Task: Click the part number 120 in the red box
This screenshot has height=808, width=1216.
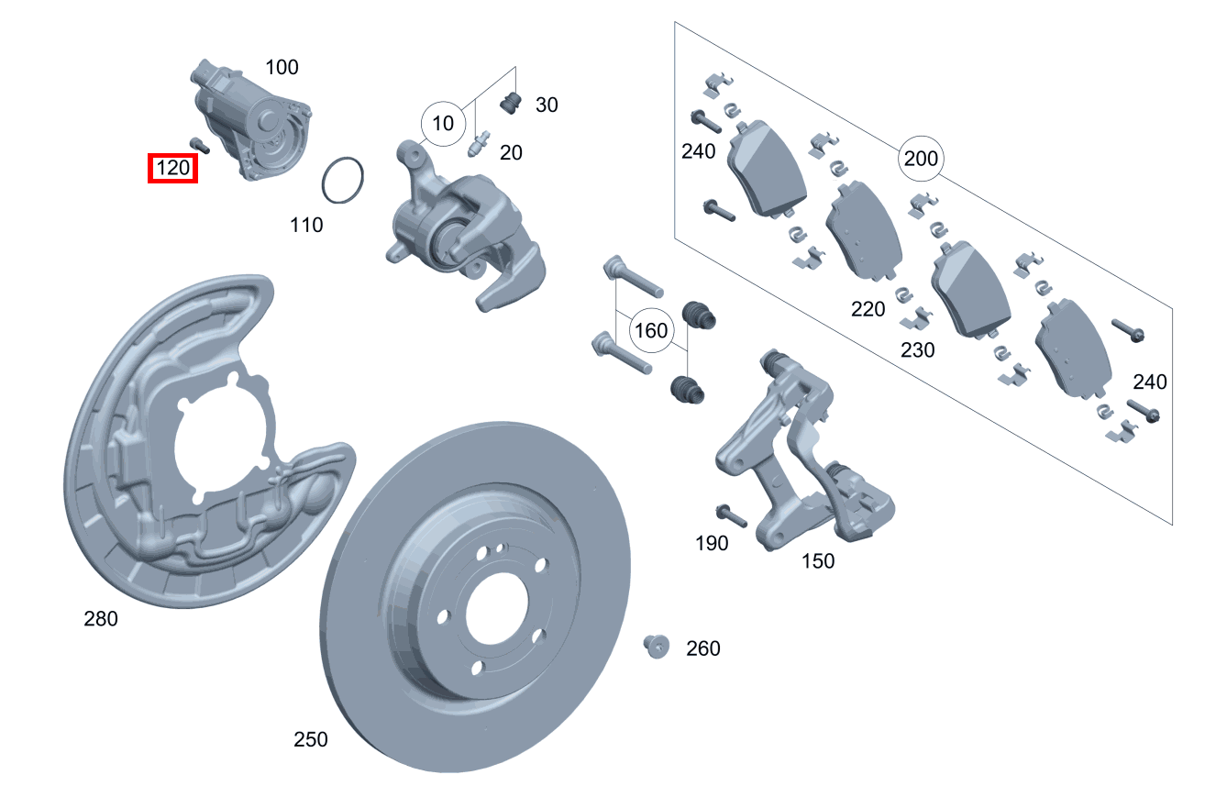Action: pos(172,168)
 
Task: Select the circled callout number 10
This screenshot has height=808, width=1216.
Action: pos(443,123)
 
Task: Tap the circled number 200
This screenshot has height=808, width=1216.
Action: pos(920,159)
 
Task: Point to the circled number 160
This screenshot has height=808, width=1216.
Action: pos(651,330)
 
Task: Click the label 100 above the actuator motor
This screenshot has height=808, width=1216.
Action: pos(282,67)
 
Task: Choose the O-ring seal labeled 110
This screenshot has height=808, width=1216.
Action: pos(343,180)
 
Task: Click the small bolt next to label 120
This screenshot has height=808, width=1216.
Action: pos(199,144)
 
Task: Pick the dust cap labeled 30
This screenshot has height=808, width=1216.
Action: pos(512,104)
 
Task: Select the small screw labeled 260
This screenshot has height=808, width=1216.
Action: pos(656,646)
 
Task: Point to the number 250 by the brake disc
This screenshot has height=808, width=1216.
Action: pos(310,739)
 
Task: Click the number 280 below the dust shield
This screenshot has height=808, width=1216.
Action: pos(101,619)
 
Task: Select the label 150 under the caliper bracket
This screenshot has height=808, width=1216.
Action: pos(817,560)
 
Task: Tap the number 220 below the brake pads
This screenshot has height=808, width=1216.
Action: pos(868,309)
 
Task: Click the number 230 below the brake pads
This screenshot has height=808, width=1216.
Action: pos(917,349)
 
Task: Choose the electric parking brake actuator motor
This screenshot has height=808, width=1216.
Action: pos(252,119)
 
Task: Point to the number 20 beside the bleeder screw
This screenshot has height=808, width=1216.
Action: pos(511,152)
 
